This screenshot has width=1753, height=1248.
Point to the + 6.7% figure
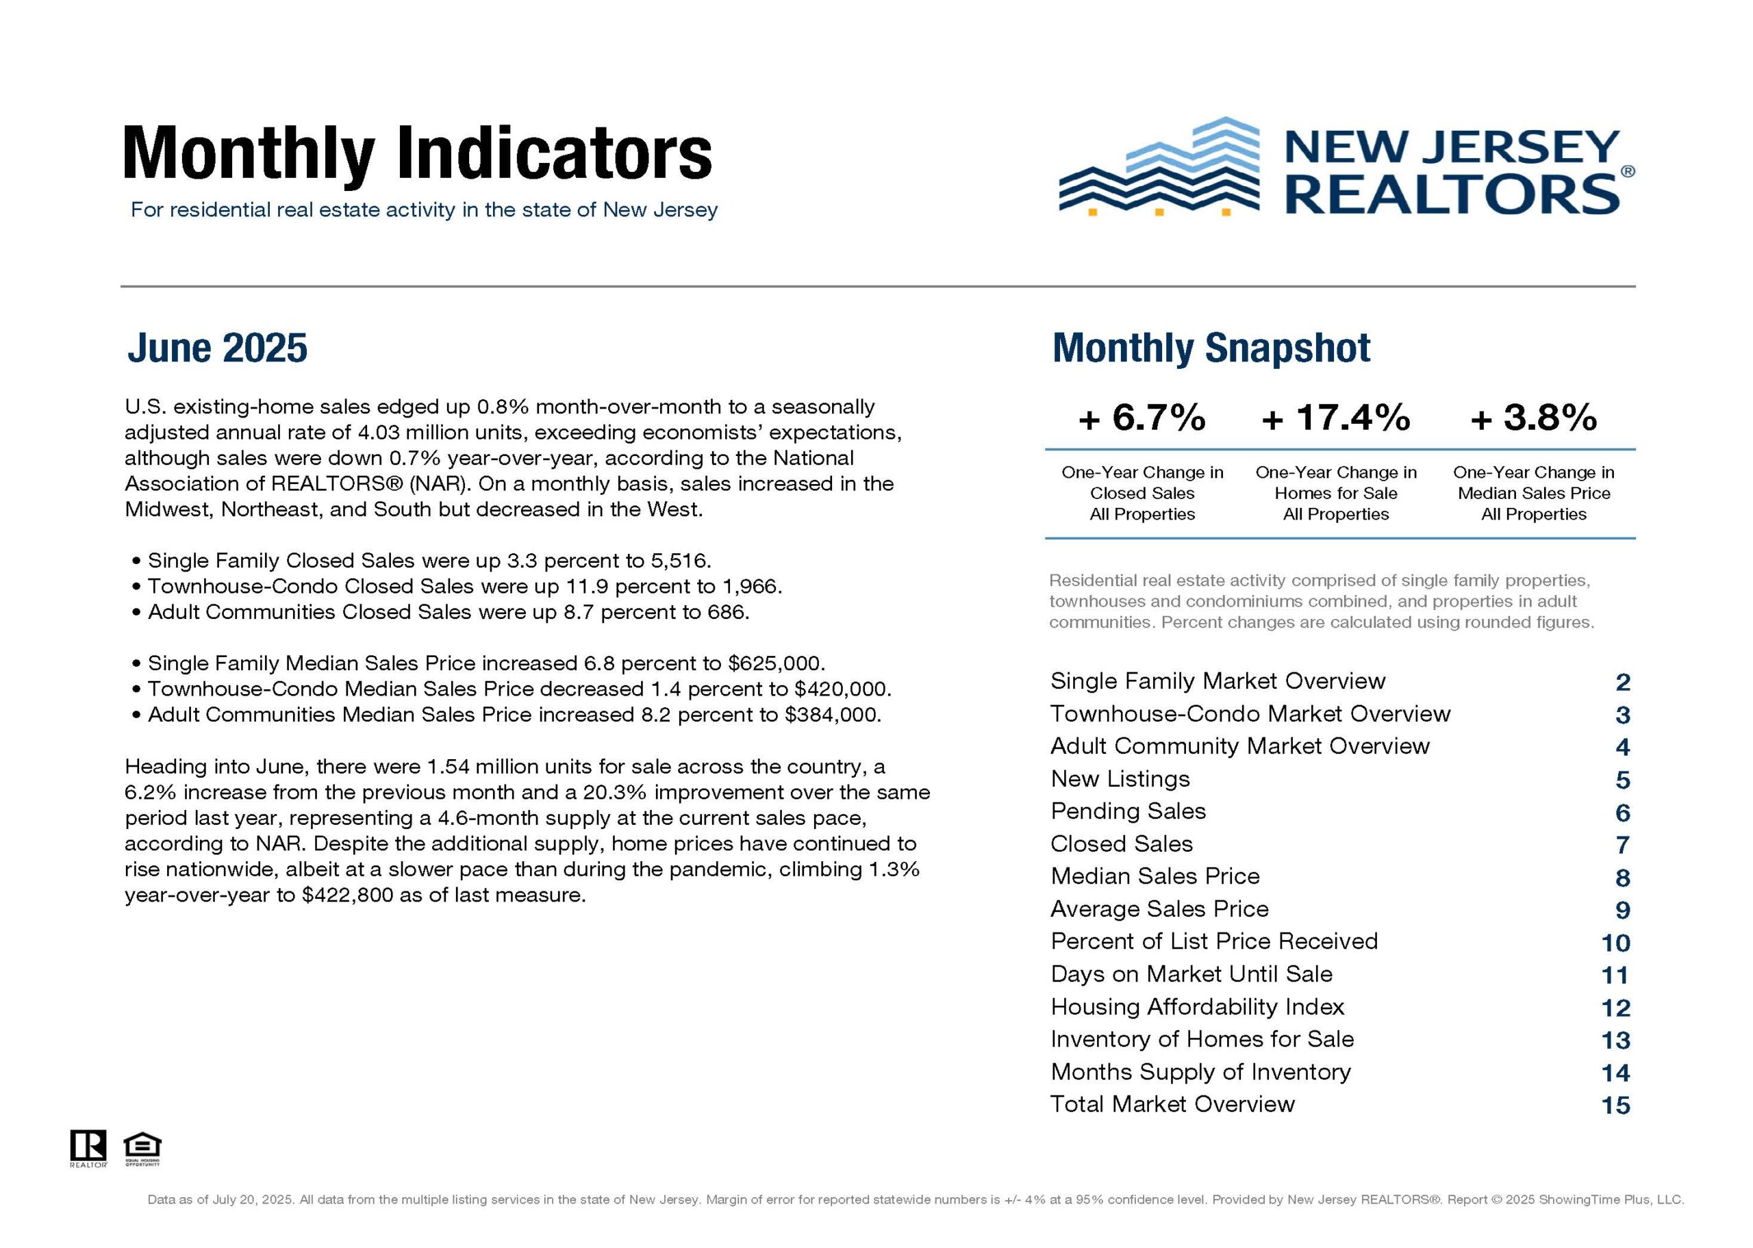1142,418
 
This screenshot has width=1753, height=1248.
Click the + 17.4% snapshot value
1337,418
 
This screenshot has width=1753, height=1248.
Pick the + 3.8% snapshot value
1534,418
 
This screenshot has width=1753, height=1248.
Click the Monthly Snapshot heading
1211,348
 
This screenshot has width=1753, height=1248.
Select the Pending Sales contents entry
1128,811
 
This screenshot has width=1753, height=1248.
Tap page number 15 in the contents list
1615,1106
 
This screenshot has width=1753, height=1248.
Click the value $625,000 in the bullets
777,663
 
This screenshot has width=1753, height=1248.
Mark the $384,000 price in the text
832,715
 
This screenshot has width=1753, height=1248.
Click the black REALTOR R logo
88,1147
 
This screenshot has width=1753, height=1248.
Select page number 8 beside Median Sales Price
1622,878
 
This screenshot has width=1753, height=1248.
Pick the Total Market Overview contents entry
1173,1104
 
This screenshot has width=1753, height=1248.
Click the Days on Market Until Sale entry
1191,974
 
